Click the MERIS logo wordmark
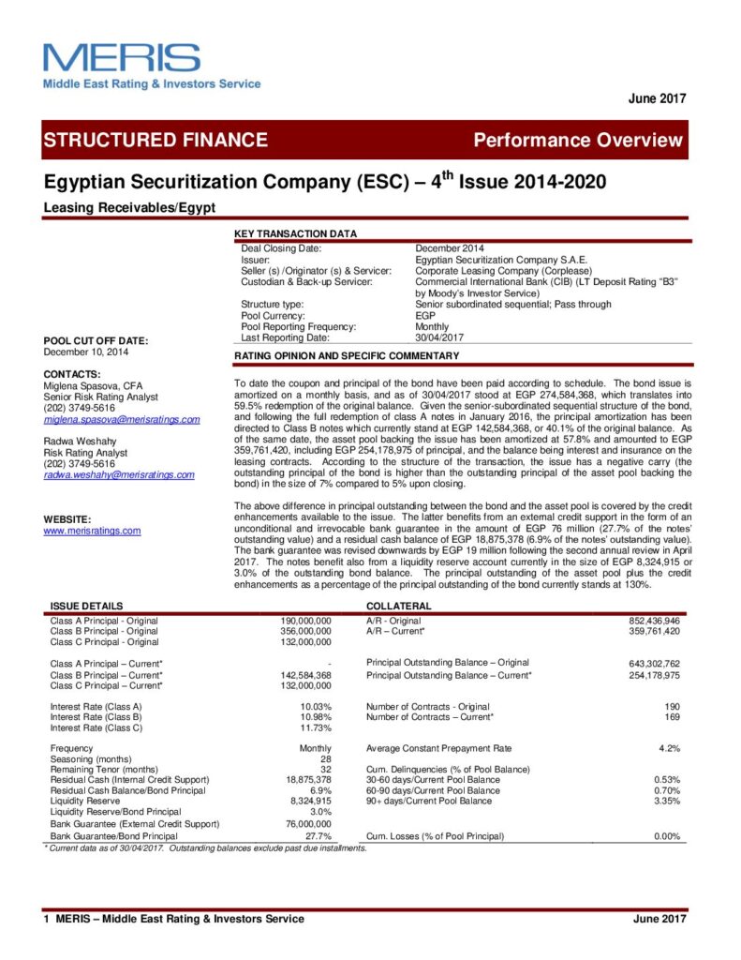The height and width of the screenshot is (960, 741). [x=122, y=57]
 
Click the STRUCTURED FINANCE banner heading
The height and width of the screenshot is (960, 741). [x=156, y=141]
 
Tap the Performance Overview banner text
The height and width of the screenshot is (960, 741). [x=578, y=141]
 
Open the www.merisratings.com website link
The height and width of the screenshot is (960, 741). [x=92, y=531]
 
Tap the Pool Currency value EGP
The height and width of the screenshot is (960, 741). [x=425, y=315]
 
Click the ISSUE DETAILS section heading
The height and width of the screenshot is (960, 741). [x=86, y=607]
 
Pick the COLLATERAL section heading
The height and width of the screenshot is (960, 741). [x=398, y=607]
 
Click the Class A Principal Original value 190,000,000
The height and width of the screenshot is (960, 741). [x=305, y=621]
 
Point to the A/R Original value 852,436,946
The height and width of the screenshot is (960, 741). [x=654, y=621]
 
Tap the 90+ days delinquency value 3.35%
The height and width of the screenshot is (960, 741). [x=667, y=802]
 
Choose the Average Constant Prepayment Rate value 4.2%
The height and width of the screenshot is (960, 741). [x=669, y=748]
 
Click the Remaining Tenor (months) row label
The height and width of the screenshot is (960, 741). [x=105, y=769]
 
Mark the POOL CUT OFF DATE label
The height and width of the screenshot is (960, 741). [x=96, y=340]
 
